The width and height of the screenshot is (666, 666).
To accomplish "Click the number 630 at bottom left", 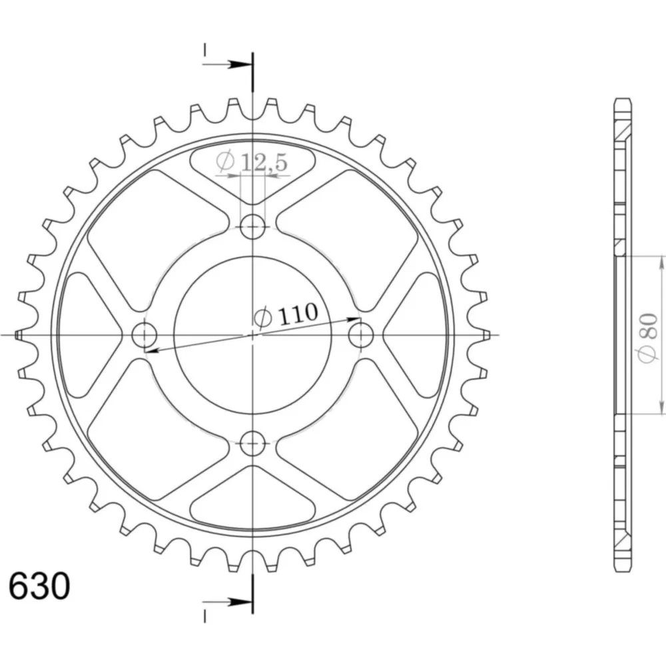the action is point(39,586).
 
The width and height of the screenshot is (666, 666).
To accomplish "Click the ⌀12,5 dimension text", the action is point(252,161).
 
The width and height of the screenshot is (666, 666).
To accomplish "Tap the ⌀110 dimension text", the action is point(286,315).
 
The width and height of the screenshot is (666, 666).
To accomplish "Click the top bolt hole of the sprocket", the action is point(252,226).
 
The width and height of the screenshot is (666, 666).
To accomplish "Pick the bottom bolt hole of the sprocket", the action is point(252,444).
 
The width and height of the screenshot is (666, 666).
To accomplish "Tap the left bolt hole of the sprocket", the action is point(145,335).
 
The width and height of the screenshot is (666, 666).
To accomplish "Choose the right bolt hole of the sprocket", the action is point(361,335).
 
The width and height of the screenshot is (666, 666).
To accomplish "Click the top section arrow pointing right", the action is point(225,65).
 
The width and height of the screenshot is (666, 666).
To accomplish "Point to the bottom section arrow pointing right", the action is point(225,601).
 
